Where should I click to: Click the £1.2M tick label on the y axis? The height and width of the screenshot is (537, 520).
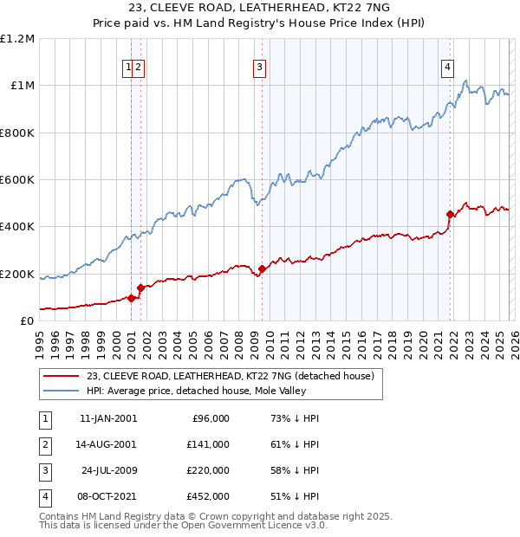[x=17, y=38]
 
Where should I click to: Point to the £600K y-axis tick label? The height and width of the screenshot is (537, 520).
[x=17, y=180]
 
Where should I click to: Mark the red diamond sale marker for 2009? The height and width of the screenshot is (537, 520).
[x=263, y=269]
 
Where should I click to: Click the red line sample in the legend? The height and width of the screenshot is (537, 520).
[x=62, y=376]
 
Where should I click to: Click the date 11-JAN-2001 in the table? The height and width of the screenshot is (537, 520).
[x=107, y=418]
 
